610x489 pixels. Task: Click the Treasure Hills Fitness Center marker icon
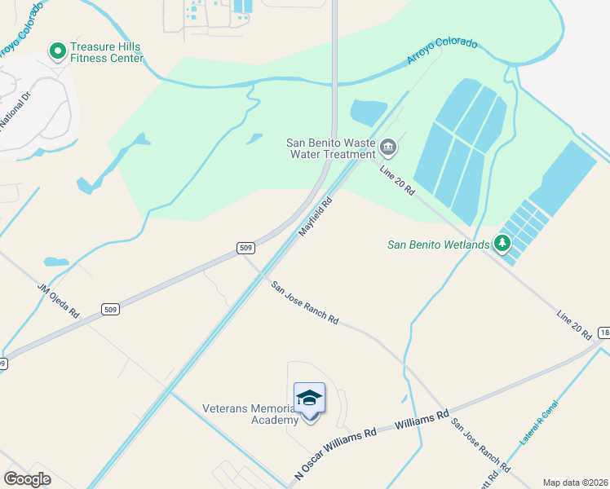58,52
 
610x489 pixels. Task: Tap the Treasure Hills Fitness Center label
107,53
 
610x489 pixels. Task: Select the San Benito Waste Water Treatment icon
388,148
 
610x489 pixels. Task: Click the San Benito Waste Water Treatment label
330,148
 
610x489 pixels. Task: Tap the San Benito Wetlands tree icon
502,243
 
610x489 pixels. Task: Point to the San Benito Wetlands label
438,244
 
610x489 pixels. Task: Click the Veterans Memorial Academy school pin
309,399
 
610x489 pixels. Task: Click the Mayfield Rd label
316,216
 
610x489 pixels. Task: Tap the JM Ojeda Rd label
58,301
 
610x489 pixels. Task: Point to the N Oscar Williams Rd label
334,447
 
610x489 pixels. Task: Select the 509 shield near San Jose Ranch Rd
247,248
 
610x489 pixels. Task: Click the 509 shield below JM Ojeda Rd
112,309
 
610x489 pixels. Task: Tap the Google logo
28,479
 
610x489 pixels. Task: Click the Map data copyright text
575,482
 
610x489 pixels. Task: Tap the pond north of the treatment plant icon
369,111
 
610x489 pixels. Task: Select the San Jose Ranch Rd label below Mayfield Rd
305,303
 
